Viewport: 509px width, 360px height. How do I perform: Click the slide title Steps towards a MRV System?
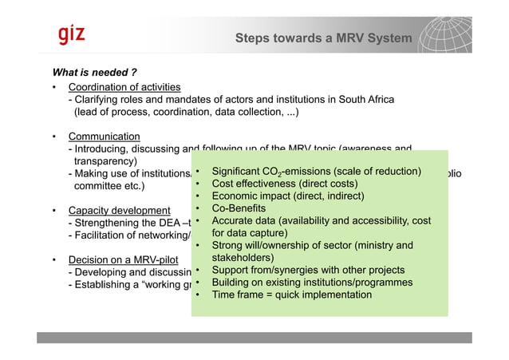coord(323,38)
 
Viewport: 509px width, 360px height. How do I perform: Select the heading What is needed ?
coord(95,72)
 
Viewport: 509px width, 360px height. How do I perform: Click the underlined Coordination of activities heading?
coord(124,86)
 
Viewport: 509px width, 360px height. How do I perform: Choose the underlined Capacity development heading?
coord(119,211)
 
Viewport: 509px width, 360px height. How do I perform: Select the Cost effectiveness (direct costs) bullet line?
coord(284,184)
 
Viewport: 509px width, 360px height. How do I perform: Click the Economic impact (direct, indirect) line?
coord(290,196)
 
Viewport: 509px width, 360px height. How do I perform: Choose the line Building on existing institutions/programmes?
coord(312,283)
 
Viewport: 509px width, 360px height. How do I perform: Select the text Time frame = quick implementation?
coord(291,295)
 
